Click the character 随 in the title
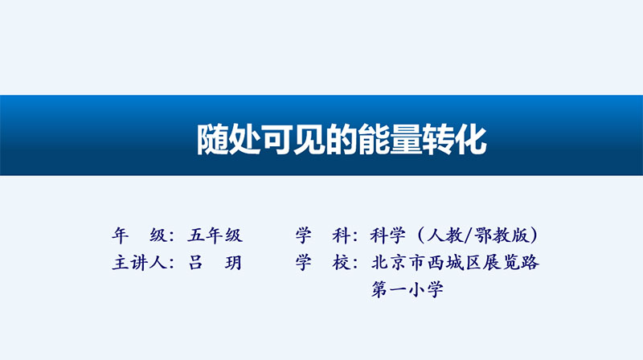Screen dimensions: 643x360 [x=212, y=139]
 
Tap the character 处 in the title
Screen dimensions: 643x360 [x=245, y=139]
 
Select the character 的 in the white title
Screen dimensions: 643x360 [x=342, y=139]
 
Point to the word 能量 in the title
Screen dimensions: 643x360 [x=390, y=139]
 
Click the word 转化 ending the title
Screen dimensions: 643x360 [x=455, y=139]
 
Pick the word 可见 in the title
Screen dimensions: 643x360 [x=293, y=139]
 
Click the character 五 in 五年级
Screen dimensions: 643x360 [x=196, y=235]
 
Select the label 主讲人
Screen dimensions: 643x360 [x=139, y=263]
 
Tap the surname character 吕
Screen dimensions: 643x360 [x=195, y=263]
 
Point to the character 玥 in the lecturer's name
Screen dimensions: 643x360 [x=233, y=263]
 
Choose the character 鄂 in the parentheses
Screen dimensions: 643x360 [x=483, y=235]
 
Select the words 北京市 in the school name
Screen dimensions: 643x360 [x=398, y=263]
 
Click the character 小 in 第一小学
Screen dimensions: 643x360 [x=416, y=289]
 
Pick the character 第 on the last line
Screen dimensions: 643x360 [x=379, y=289]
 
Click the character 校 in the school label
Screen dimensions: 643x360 [x=341, y=263]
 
